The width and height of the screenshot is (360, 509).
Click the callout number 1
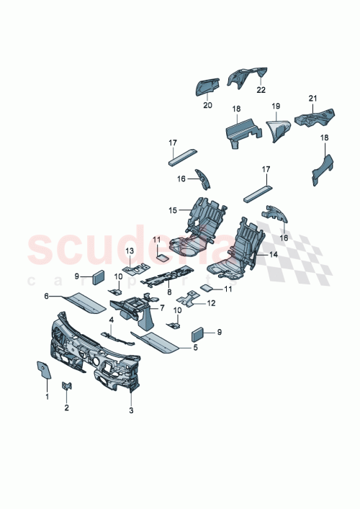tap(47, 396)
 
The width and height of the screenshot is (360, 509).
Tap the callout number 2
tap(67, 407)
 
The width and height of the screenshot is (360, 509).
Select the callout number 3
tap(131, 411)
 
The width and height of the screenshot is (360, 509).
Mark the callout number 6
tap(47, 296)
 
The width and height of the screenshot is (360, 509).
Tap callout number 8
tap(168, 292)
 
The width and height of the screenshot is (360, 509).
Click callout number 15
tap(173, 210)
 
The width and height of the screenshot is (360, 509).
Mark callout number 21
tap(312, 98)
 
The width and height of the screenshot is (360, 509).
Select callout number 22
tap(260, 90)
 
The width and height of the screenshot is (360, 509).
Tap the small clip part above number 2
tap(66, 388)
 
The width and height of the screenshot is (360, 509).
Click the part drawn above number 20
tap(207, 86)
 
